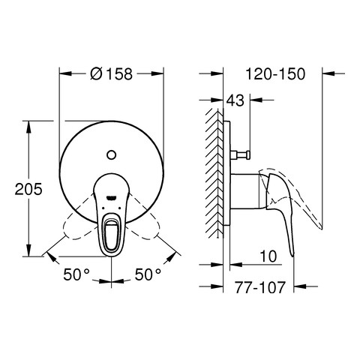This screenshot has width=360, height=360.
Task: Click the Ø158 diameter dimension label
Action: [111, 74]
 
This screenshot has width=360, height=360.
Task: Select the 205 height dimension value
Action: [28, 189]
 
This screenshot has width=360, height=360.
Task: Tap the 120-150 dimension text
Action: [275, 74]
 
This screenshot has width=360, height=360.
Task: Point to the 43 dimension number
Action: [235, 100]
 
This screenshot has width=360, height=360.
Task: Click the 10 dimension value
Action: [268, 256]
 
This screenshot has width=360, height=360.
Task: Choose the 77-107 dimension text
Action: [260, 287]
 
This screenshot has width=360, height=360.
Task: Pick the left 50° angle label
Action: [76, 274]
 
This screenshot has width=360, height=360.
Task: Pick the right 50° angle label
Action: [148, 274]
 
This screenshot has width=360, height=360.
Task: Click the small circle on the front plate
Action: [111, 155]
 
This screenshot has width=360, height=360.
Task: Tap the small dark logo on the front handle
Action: [111, 198]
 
